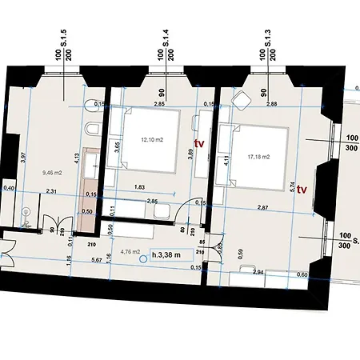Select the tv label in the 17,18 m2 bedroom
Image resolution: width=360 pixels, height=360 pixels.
[x=302, y=190]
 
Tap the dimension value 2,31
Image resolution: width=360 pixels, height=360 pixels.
[x=50, y=192]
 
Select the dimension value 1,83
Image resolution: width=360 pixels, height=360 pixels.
[x=139, y=186]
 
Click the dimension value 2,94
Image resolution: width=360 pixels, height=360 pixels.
[x=258, y=273]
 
